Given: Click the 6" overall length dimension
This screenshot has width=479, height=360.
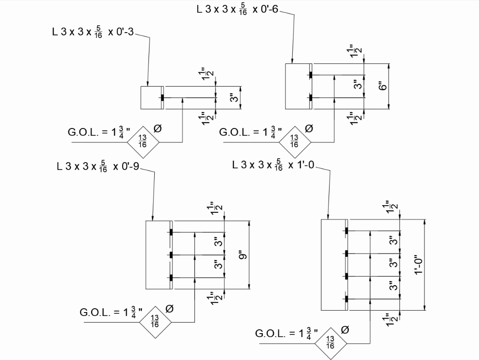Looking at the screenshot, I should (x=382, y=86).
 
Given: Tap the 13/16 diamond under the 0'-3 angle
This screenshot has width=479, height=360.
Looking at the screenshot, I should (x=142, y=142).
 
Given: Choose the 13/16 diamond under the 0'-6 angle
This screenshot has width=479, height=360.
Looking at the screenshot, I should (x=294, y=142).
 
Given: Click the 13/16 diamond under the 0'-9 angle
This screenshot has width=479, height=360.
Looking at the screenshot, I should (x=155, y=321).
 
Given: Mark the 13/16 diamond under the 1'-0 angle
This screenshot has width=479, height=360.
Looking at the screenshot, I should (x=330, y=343).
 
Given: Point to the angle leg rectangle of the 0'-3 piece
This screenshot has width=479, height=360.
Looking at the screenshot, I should (x=150, y=98).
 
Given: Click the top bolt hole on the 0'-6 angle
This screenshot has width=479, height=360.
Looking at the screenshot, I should (x=310, y=75).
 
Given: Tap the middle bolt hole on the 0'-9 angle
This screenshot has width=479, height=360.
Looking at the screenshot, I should (x=171, y=255).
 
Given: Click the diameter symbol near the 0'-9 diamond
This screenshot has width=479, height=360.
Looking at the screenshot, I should (x=169, y=309).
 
